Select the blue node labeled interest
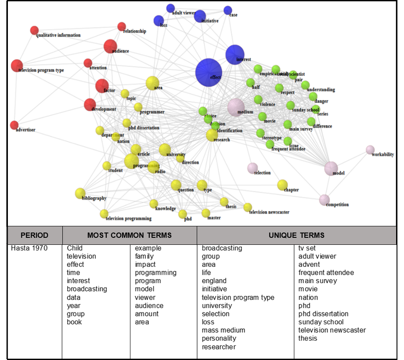[235, 55]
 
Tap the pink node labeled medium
[236, 107]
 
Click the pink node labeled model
[331, 168]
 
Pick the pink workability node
[370, 150]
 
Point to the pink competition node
[324, 200]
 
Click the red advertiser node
[14, 125]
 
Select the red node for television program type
[17, 65]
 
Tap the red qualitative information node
[34, 30]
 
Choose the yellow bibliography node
[80, 193]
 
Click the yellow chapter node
[282, 185]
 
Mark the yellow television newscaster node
[248, 207]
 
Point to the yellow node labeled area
[152, 83]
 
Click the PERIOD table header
[35, 236]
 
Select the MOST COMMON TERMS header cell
[130, 236]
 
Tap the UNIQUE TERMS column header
[296, 236]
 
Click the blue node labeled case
[227, 10]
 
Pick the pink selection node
[252, 168]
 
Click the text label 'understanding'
[321, 90]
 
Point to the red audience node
[110, 46]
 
